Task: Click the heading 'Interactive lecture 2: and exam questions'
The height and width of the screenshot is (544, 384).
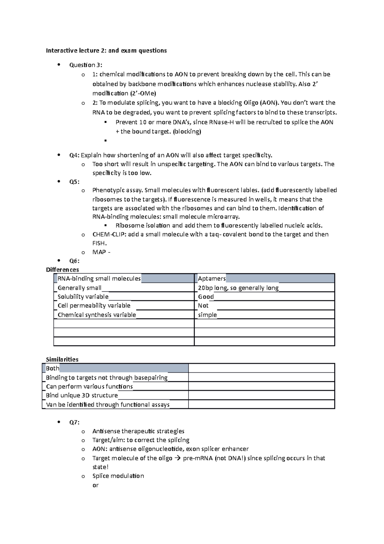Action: (106, 51)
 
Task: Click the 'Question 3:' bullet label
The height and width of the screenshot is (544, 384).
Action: (86, 65)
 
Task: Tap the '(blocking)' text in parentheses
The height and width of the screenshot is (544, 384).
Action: (187, 131)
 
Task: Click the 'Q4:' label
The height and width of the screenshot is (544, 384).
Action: (74, 155)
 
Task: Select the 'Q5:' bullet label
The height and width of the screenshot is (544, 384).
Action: (74, 182)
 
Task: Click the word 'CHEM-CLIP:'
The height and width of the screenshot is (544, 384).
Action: (109, 235)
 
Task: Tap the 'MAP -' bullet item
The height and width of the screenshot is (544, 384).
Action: (101, 252)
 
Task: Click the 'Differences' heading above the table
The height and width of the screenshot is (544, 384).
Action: (62, 270)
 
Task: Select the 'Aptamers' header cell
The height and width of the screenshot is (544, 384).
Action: (212, 279)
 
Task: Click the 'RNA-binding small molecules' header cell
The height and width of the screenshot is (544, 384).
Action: (99, 279)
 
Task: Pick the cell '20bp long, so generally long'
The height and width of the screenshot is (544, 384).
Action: (238, 288)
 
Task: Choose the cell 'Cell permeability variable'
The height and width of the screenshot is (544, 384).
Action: (94, 306)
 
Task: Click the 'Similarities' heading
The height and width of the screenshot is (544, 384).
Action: (62, 359)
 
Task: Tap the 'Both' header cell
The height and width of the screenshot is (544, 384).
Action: (52, 368)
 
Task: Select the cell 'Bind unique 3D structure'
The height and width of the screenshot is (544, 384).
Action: (82, 395)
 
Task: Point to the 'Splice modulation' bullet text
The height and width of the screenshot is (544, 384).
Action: (118, 476)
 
